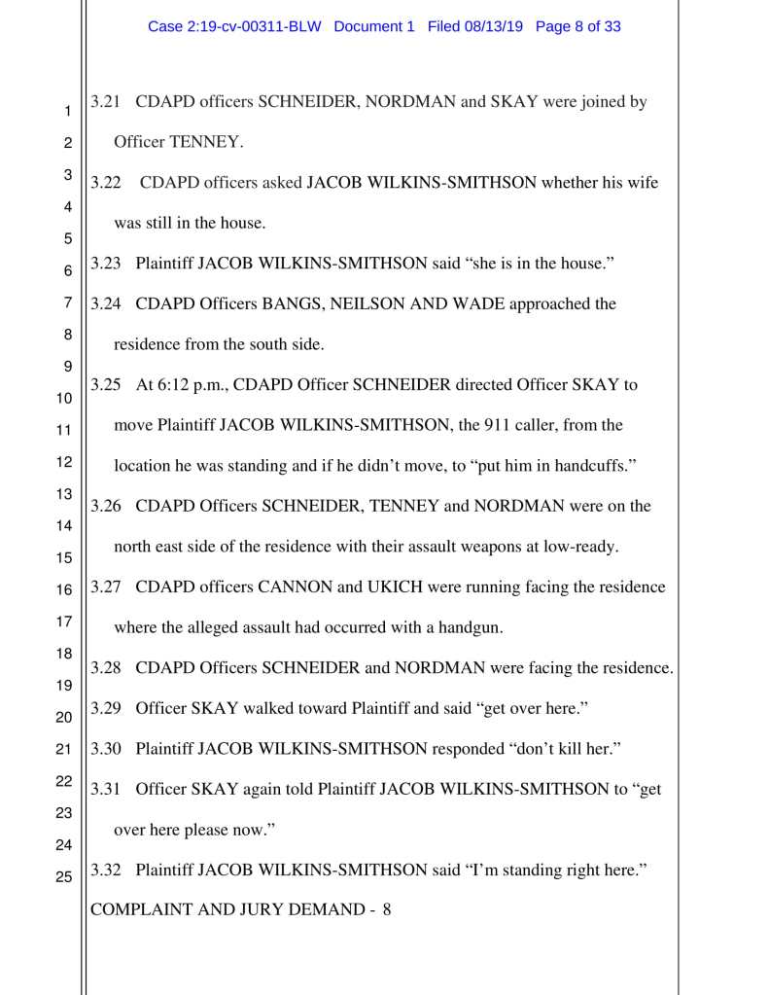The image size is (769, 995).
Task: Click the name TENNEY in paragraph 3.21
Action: pos(205,142)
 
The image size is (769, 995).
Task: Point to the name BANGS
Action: pos(292,303)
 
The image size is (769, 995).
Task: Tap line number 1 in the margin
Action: pos(68,112)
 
